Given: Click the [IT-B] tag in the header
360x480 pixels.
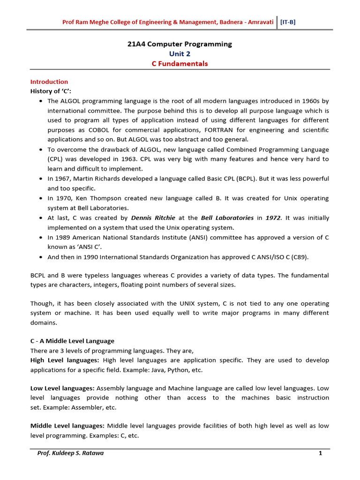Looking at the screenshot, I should pos(288,22).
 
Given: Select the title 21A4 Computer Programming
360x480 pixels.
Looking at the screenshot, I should pos(180,44).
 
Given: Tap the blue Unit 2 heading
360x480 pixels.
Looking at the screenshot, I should pos(180,54).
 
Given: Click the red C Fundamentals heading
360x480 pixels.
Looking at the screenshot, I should pos(180,64).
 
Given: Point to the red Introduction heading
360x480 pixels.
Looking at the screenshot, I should pos(49,82).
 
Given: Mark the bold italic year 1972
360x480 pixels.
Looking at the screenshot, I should pos(274,218).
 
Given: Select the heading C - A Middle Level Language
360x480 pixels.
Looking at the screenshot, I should pos(72,341).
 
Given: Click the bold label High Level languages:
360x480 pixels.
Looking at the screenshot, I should pos(65,360).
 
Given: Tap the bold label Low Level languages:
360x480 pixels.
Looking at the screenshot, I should pos(63,388).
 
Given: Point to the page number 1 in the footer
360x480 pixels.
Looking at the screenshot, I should pos(320,454).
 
